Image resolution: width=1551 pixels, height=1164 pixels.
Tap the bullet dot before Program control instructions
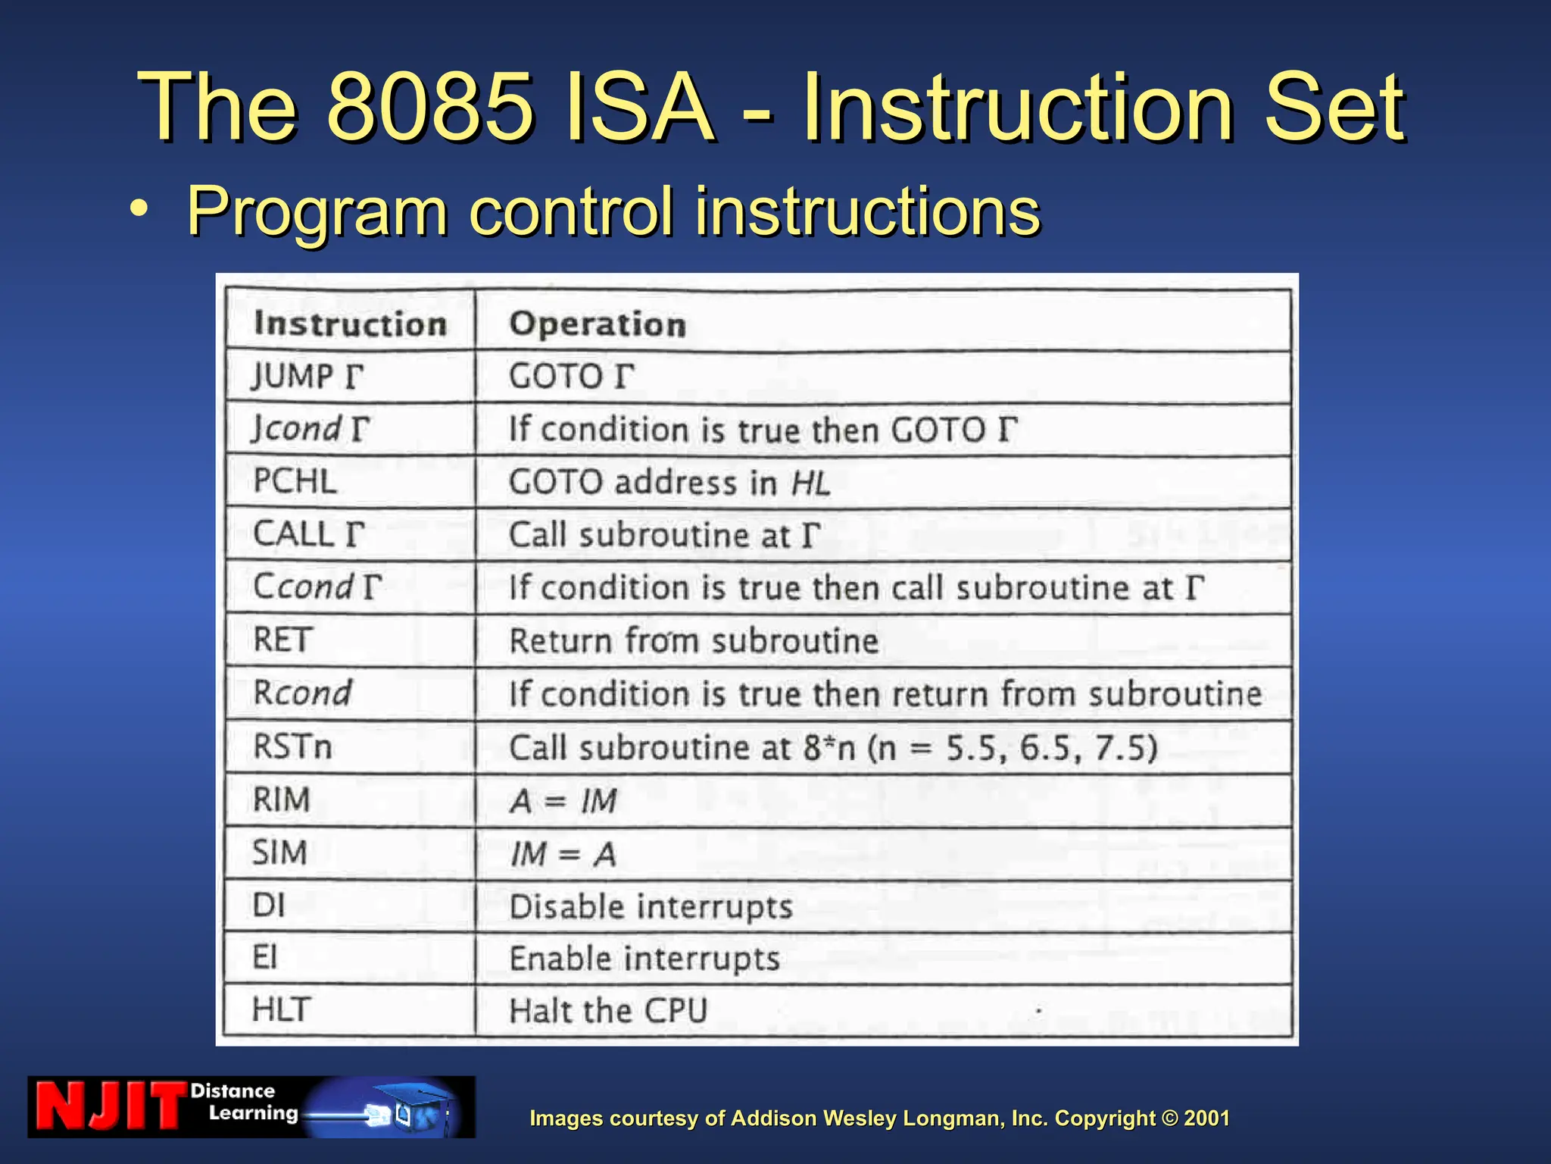coord(139,209)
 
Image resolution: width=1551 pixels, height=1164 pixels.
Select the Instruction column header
coord(350,324)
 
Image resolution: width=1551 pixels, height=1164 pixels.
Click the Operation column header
coord(598,324)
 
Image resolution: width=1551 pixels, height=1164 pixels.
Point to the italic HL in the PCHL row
coord(810,483)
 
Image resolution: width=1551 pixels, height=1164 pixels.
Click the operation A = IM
coord(563,801)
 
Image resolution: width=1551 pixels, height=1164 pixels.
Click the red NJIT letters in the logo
coord(110,1106)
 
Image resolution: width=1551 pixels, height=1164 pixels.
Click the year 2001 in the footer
coord(1206,1119)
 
